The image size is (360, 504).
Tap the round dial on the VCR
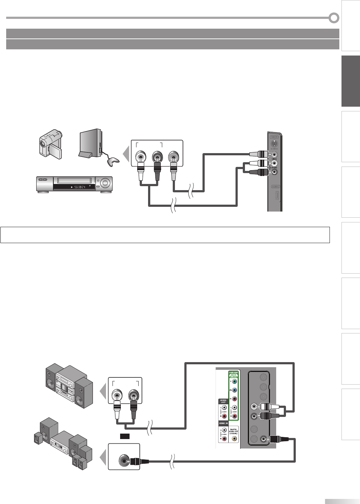[105, 183]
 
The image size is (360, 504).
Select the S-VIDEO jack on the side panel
[275, 143]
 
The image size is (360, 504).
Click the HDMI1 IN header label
[223, 423]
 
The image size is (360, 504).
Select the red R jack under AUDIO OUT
[224, 416]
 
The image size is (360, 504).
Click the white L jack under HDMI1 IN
[224, 431]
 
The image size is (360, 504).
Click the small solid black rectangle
[125, 435]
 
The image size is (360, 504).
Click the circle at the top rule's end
[334, 17]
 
